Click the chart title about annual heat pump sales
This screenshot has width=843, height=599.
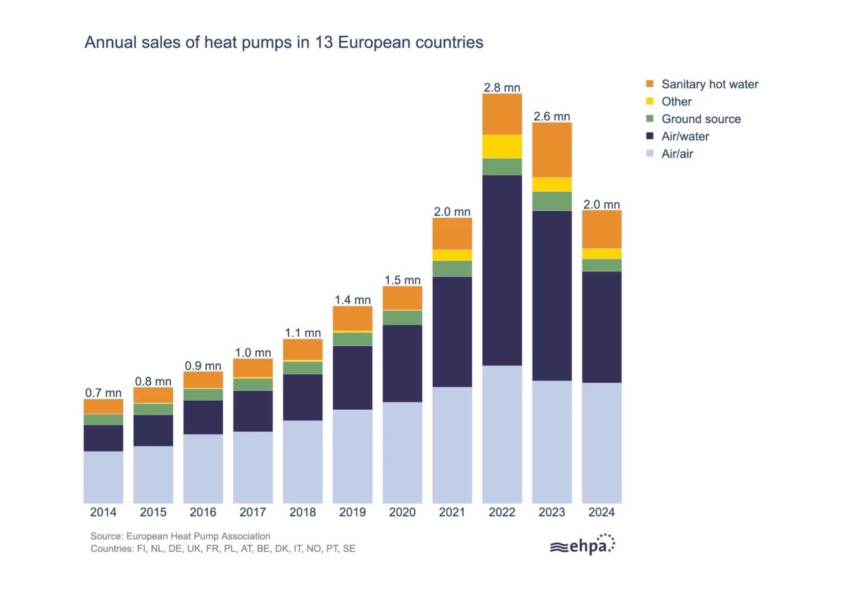(x=284, y=42)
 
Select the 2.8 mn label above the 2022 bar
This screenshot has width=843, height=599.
(x=502, y=87)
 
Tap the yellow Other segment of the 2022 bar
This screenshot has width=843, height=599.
(x=502, y=146)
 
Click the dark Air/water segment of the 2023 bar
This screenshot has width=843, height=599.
(x=552, y=295)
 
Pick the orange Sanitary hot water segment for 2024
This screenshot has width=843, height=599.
(x=602, y=229)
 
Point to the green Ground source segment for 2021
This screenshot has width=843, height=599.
(x=452, y=269)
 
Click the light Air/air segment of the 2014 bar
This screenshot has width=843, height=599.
(x=103, y=477)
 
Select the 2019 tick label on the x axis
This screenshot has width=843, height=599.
(x=353, y=513)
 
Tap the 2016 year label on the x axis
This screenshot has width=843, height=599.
(x=203, y=513)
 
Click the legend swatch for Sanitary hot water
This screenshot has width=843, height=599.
(x=650, y=84)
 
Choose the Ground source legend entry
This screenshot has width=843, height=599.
(x=701, y=119)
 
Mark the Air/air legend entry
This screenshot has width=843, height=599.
(x=677, y=153)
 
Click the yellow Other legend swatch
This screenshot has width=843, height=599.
(x=650, y=102)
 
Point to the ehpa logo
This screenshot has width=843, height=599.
(x=583, y=546)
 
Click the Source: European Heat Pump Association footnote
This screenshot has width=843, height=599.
(x=180, y=536)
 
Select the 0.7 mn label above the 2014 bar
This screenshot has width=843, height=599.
(x=103, y=392)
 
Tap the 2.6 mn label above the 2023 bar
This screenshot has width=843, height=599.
(x=552, y=116)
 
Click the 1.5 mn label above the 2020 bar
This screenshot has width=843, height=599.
(x=403, y=280)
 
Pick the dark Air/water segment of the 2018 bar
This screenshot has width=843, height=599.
(x=303, y=397)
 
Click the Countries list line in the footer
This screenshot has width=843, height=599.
(x=223, y=548)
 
